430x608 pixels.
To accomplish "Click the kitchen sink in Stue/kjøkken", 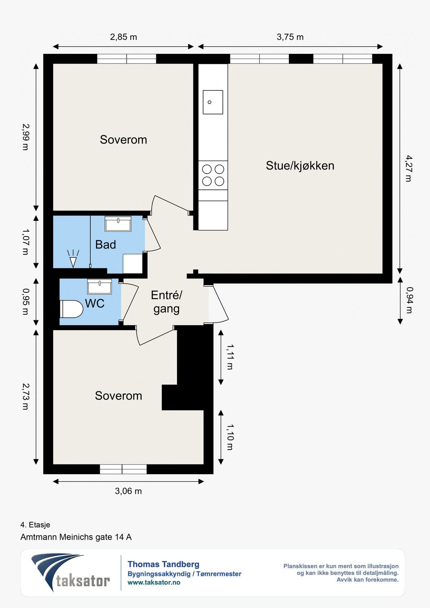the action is [213, 102].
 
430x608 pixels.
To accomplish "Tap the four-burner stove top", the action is [213, 175].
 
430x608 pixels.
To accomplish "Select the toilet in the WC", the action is [71, 309].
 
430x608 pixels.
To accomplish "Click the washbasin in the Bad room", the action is [118, 224].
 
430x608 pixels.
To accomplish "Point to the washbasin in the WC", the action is [99, 286].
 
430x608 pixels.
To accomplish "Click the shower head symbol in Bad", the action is [73, 259].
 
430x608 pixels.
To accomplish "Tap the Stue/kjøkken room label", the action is [300, 166].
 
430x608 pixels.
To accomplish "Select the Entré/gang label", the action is [167, 302].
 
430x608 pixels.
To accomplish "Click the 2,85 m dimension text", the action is [124, 37].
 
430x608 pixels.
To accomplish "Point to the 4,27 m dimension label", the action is [409, 168].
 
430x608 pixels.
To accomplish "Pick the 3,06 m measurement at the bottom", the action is [128, 491].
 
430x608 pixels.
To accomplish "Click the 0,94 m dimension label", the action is [409, 300].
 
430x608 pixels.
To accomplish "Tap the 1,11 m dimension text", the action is [230, 357].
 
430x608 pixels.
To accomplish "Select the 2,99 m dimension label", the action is [26, 137].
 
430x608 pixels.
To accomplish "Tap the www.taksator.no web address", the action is [154, 582].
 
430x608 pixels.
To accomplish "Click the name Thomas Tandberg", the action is [163, 564].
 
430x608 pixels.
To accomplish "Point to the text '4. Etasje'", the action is [35, 525].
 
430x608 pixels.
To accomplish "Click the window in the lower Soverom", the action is [123, 469].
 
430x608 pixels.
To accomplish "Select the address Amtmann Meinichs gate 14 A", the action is [76, 537].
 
